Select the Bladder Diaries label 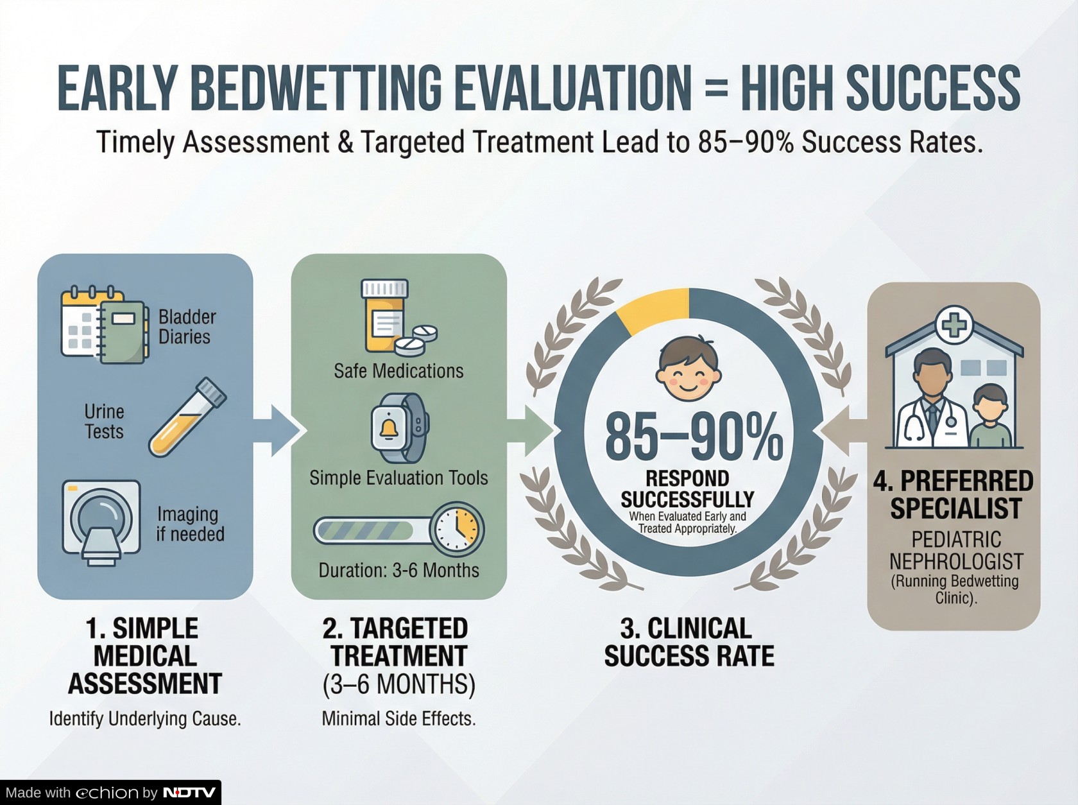187,327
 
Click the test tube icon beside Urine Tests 187,417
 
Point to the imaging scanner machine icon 101,523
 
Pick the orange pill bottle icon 384,315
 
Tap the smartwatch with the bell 398,428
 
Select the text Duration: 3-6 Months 398,570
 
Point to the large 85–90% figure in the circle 694,436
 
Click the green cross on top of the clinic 954,325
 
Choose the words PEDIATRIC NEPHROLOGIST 956,550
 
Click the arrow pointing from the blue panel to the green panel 277,431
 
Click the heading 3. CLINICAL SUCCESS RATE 689,642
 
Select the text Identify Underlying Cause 145,718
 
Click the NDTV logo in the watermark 189,792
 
